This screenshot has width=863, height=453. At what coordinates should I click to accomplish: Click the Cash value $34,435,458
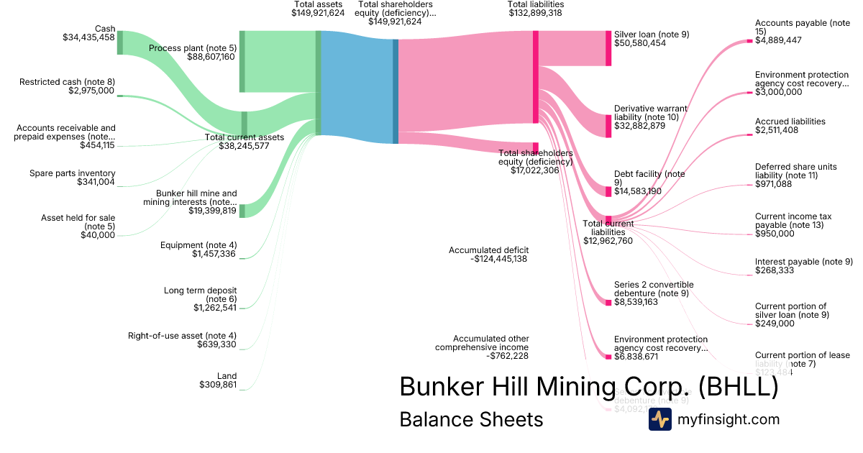click(88, 38)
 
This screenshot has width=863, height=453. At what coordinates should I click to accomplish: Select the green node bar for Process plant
click(242, 61)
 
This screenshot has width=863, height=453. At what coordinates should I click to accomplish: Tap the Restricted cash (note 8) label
click(67, 81)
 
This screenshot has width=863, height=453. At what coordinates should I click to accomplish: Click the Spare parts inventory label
click(72, 173)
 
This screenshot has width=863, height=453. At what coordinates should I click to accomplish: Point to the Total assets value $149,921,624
click(318, 13)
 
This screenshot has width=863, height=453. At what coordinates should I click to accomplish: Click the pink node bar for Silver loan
click(608, 48)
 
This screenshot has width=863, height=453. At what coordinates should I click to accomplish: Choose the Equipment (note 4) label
click(198, 245)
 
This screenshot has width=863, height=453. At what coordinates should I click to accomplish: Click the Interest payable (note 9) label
click(803, 261)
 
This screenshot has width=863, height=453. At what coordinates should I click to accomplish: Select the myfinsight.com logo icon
click(659, 419)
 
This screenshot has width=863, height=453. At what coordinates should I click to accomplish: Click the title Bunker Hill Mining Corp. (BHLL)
click(588, 386)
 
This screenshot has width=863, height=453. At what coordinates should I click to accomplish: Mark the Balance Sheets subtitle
click(471, 419)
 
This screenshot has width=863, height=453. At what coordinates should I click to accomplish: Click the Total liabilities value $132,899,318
click(535, 13)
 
